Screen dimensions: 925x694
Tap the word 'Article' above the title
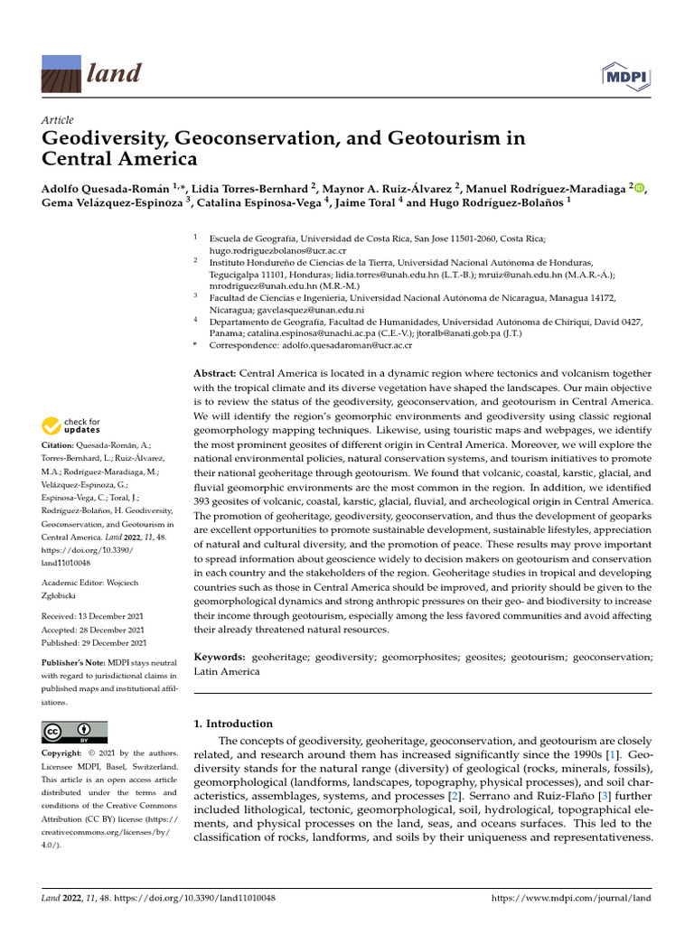tap(58, 120)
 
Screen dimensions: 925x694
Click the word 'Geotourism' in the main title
tap(449, 140)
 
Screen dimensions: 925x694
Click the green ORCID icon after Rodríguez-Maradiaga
tap(641, 188)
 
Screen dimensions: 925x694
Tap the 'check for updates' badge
tap(71, 425)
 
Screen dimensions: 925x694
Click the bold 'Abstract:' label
tap(216, 374)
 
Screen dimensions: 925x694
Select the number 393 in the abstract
tap(208, 500)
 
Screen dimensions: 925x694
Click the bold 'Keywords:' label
tap(220, 659)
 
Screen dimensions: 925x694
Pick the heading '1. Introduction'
tap(234, 724)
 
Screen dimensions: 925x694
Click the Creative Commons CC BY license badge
tap(74, 732)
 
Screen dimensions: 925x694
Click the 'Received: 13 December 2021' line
tap(94, 617)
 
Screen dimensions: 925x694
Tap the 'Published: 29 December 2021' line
tap(94, 642)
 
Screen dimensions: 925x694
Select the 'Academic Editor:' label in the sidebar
tap(71, 584)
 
